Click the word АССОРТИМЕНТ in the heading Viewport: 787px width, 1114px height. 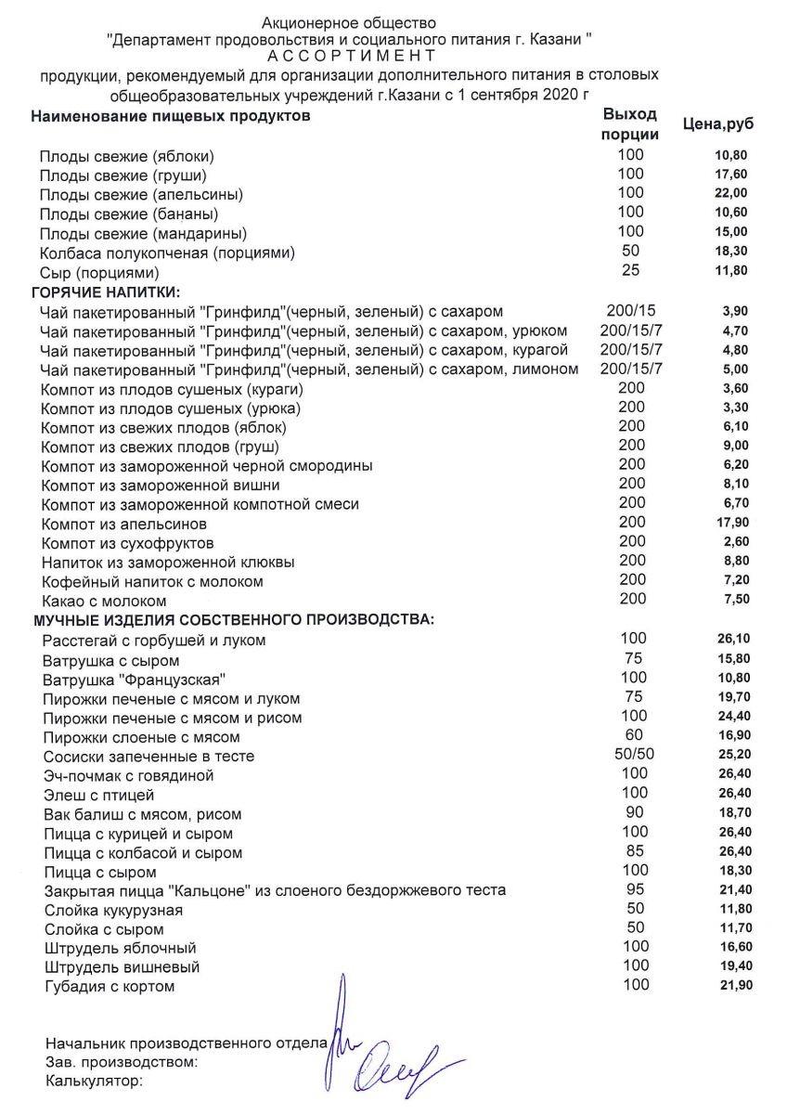click(349, 56)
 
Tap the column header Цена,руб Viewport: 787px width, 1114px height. click(718, 123)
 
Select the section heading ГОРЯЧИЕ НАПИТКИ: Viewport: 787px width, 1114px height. click(107, 292)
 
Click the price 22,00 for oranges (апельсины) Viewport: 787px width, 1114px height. click(730, 193)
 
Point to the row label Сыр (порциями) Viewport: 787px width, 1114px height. click(99, 273)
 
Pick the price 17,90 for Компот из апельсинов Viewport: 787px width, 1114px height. click(730, 524)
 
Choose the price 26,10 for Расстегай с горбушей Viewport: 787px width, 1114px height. click(730, 639)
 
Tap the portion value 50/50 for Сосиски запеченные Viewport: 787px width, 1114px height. click(635, 755)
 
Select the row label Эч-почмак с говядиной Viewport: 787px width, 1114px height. click(129, 775)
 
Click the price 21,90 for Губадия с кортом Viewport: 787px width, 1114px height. click(730, 986)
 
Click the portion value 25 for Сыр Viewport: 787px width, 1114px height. click(631, 270)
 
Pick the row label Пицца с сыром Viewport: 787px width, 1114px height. click(100, 873)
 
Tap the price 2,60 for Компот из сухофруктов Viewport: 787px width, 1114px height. click(733, 543)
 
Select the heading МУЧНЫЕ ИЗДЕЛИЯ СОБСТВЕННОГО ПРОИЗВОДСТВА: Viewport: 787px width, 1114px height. click(234, 619)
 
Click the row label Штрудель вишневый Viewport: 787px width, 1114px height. click(122, 967)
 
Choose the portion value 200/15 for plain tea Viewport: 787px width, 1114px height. click(631, 310)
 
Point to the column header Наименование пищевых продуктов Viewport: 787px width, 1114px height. click(171, 116)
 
